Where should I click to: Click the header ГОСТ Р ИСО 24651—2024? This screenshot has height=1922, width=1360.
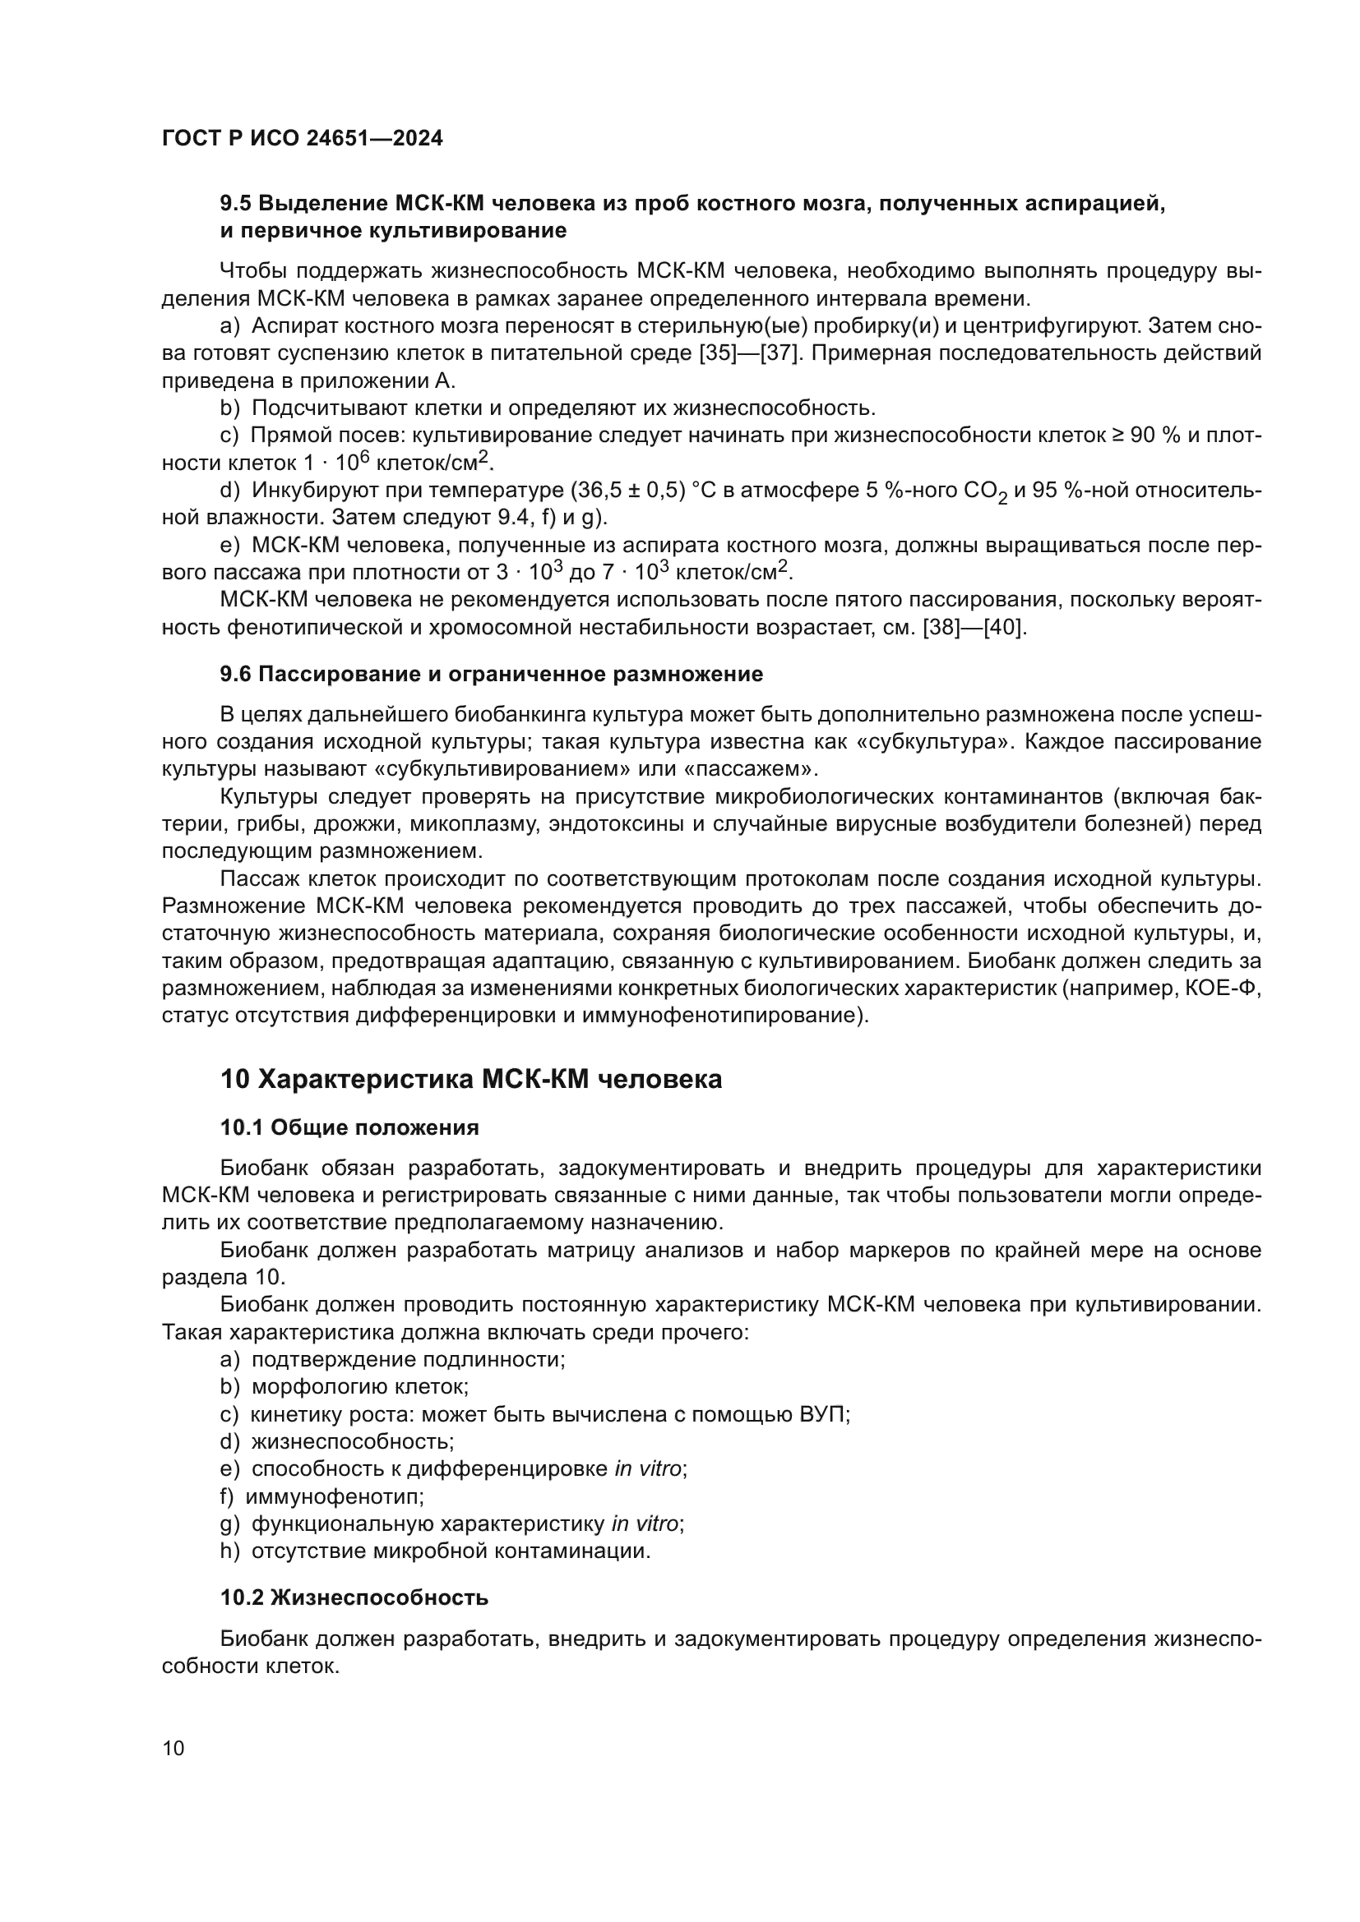pyautogui.click(x=302, y=139)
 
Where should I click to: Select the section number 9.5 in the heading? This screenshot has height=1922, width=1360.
pyautogui.click(x=235, y=204)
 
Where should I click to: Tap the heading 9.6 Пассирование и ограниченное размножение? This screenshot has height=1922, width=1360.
pyautogui.click(x=491, y=674)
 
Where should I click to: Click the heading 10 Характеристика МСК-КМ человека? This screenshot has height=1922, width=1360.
pyautogui.click(x=470, y=1079)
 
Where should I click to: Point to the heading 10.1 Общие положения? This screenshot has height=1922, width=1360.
pyautogui.click(x=349, y=1127)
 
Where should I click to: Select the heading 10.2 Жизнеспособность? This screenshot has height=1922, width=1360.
pyautogui.click(x=354, y=1597)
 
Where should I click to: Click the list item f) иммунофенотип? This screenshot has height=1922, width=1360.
pyautogui.click(x=322, y=1496)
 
